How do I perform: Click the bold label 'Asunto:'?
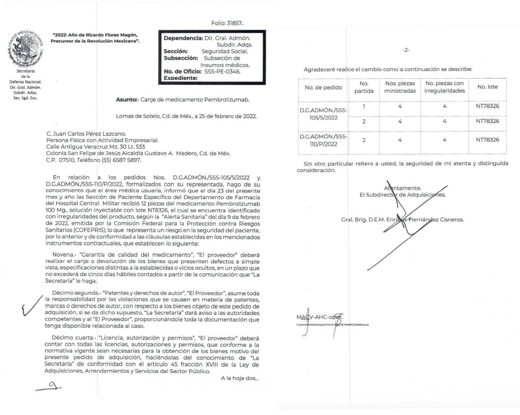point(127,100)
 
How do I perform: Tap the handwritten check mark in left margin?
point(31,305)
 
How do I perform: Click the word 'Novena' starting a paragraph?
point(61,255)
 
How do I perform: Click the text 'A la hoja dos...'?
point(240,378)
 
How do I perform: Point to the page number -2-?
point(406,50)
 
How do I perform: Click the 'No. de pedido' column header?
point(323,87)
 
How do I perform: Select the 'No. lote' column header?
point(487,87)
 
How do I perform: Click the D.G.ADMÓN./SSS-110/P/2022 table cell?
point(323,140)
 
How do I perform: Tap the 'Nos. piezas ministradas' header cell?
point(400,87)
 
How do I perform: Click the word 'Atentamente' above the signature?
point(403,188)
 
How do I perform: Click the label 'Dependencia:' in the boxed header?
point(183,38)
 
